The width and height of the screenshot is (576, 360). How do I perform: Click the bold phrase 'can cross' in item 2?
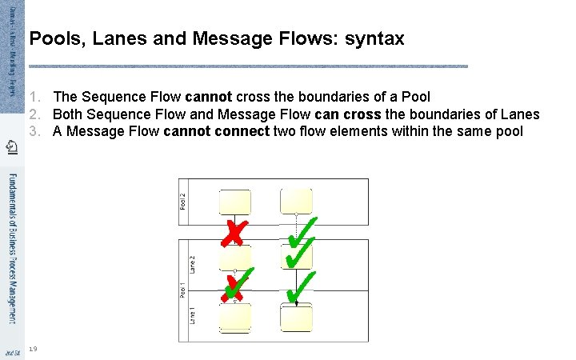pos(354,114)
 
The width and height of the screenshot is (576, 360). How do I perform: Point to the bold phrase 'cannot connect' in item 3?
pos(216,130)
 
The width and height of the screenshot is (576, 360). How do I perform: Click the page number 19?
pos(32,348)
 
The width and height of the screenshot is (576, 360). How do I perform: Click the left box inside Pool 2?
pos(234,201)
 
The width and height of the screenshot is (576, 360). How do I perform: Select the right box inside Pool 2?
pos(296,201)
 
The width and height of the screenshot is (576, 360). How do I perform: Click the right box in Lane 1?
pos(296,318)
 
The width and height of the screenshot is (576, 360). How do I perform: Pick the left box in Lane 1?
pos(234,318)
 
